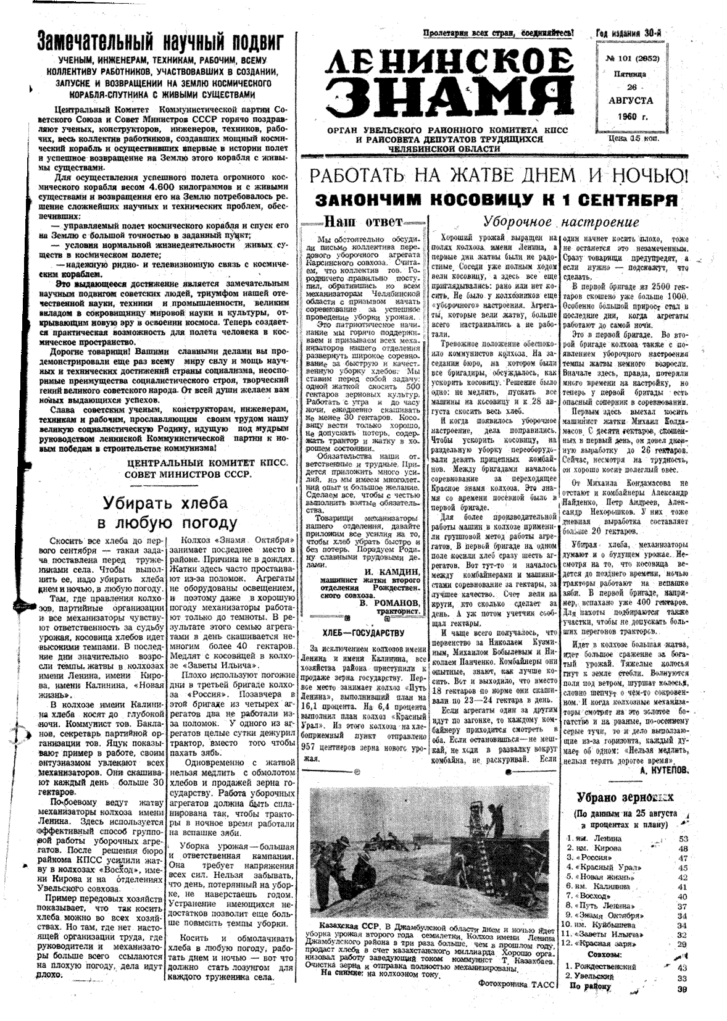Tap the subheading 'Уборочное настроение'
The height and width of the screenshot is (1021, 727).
click(560, 222)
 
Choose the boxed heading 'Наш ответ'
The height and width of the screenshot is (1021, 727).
click(363, 221)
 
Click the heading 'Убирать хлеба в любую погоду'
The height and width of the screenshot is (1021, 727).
click(165, 513)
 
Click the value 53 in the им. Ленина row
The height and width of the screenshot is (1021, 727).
click(683, 838)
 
